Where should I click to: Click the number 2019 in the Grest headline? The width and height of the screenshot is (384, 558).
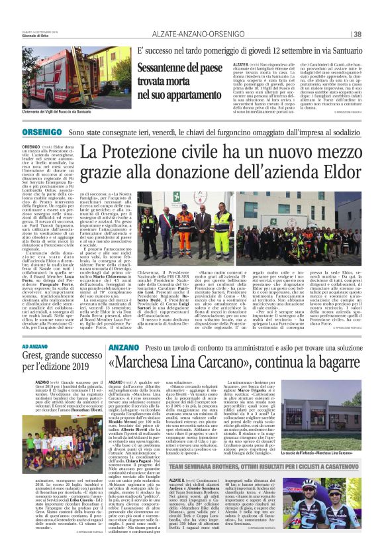point(89,371)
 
